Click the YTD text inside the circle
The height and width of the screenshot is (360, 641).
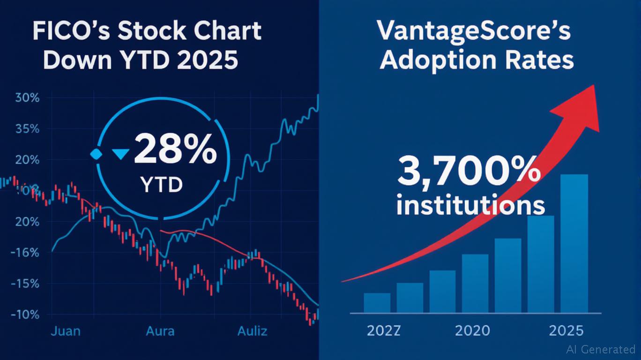(161, 185)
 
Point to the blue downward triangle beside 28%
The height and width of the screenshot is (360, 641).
(122, 154)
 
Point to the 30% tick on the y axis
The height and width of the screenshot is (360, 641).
(27, 98)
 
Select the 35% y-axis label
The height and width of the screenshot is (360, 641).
(27, 129)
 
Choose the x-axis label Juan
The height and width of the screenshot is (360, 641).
(65, 331)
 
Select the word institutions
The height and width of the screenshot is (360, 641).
(471, 205)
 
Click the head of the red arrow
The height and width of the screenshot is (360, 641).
(579, 108)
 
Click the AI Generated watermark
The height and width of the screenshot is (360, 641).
(600, 349)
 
